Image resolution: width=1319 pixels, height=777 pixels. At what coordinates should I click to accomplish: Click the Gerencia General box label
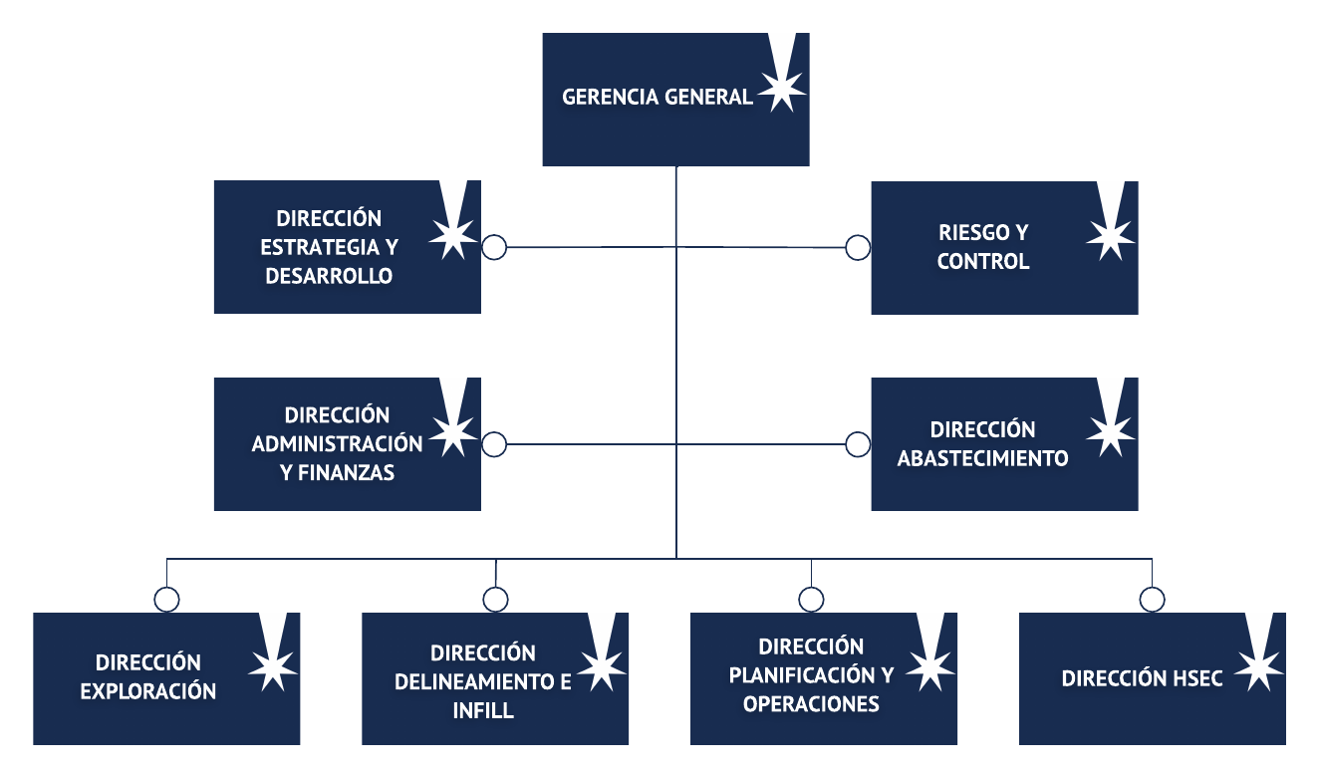click(x=658, y=98)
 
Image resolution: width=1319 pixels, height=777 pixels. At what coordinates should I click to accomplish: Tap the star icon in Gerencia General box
click(x=782, y=91)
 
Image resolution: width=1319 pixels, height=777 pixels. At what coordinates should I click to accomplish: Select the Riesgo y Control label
click(x=983, y=247)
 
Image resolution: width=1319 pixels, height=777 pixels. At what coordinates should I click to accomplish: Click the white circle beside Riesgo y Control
click(x=858, y=247)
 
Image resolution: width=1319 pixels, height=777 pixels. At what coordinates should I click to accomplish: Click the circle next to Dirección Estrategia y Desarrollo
click(x=494, y=247)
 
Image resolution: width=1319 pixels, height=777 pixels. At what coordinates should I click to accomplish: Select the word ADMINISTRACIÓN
click(x=337, y=443)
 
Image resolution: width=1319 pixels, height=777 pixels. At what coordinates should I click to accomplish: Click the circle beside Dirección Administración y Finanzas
click(x=494, y=444)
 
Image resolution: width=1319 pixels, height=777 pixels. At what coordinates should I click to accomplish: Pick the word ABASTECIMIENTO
click(x=983, y=459)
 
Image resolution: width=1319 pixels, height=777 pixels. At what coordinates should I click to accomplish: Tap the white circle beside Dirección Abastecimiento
click(x=858, y=444)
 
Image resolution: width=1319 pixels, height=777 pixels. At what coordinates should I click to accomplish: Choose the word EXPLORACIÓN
click(x=148, y=691)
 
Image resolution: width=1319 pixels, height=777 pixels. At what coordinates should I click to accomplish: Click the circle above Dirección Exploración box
click(x=167, y=599)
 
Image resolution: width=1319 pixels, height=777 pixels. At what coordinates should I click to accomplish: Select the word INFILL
click(x=483, y=711)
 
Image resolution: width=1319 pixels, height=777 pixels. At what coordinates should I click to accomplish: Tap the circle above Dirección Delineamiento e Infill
click(x=495, y=599)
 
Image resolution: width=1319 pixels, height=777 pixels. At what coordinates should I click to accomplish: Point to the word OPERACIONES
click(x=811, y=704)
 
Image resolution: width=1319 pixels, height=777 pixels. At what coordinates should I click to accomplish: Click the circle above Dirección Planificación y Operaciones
click(x=811, y=599)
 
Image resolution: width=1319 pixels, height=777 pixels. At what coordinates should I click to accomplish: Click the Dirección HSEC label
click(x=1142, y=679)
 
